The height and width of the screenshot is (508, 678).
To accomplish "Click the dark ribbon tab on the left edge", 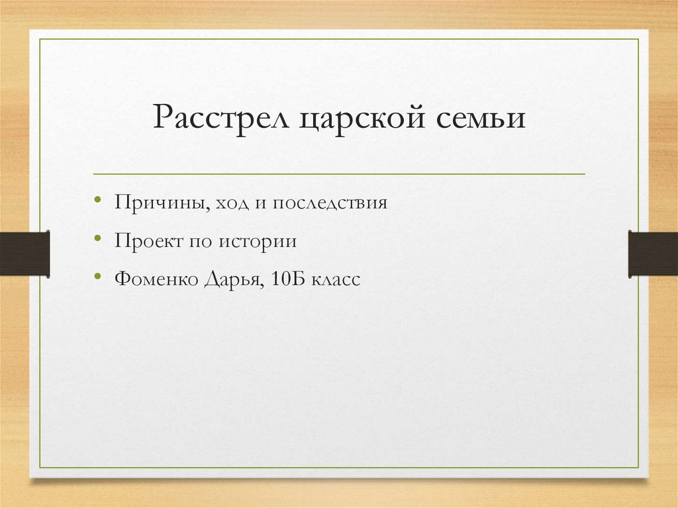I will coord(24,253).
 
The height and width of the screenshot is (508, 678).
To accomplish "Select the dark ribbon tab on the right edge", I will coord(653,253).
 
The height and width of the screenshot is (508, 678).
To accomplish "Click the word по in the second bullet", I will coord(198,241).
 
